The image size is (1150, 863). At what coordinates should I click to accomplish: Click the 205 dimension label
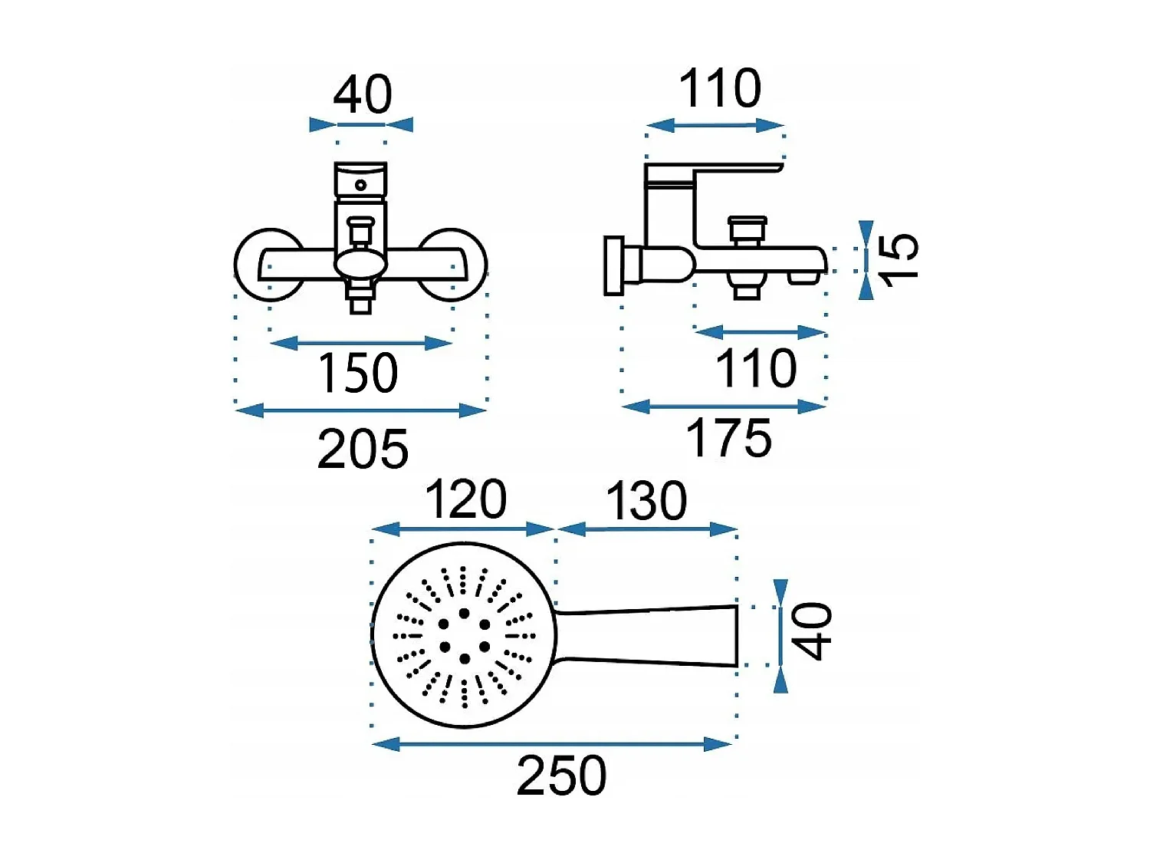[x=363, y=448]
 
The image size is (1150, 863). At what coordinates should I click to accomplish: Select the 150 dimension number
[x=358, y=372]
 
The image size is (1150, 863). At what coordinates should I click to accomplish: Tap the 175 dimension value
[x=728, y=437]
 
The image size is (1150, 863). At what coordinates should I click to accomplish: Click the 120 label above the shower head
[x=466, y=499]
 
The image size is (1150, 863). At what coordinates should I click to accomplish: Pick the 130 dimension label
[x=646, y=501]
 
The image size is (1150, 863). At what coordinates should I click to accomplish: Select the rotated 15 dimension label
[x=899, y=260]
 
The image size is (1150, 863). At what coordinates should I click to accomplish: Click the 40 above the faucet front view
[x=363, y=94]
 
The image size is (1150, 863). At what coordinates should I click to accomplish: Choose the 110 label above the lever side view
[x=720, y=88]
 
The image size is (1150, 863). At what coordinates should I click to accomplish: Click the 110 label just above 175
[x=756, y=368]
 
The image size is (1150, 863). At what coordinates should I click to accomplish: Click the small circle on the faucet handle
[x=360, y=185]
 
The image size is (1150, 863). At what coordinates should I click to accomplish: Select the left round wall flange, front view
[x=268, y=265]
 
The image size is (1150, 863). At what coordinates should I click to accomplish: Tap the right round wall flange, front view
[x=454, y=265]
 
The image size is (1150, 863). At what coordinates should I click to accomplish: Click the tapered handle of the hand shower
[x=647, y=636]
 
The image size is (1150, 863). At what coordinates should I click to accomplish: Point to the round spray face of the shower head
[x=464, y=635]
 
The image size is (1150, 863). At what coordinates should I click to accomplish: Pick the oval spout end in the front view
[x=360, y=263]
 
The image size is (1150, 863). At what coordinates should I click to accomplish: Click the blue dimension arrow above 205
[x=360, y=410]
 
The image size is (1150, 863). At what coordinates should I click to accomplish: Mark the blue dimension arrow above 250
[x=552, y=744]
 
